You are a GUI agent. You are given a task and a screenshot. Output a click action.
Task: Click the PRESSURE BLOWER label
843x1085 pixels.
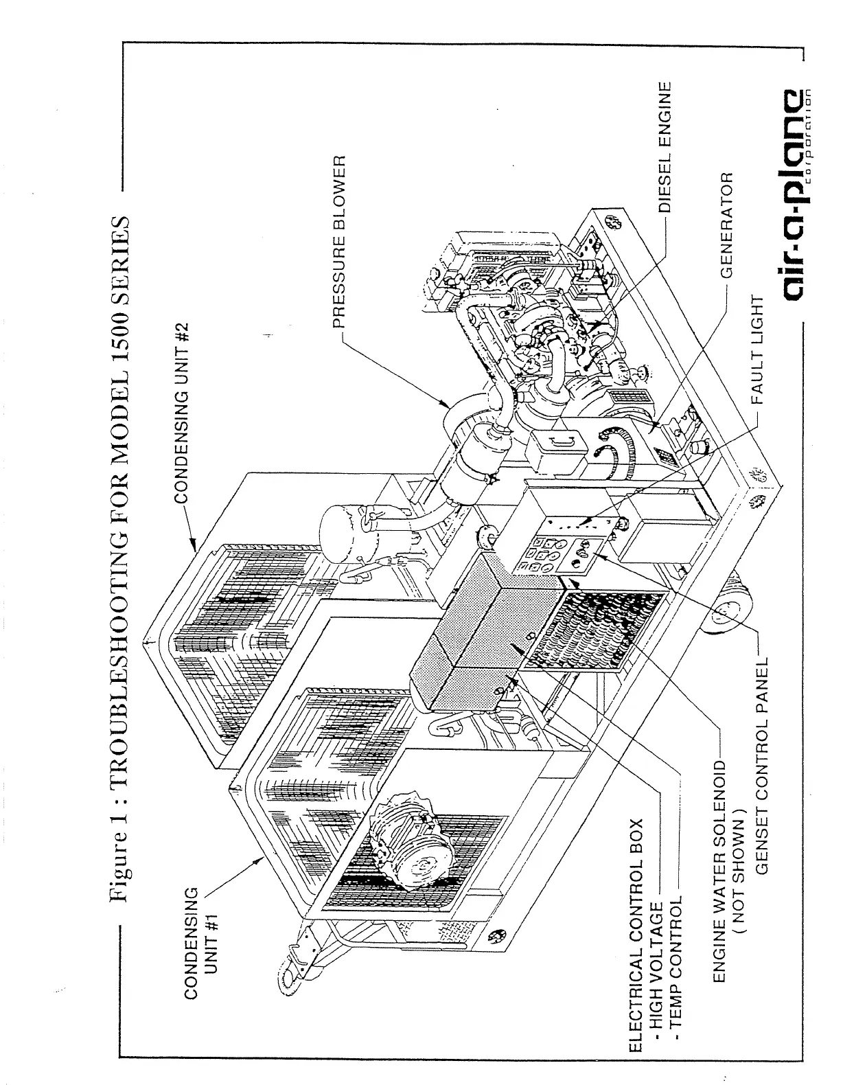[x=342, y=240]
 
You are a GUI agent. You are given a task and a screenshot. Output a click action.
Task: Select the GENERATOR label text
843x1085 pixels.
[x=727, y=224]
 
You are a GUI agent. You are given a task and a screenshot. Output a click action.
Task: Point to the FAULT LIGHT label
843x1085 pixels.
[x=757, y=350]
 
